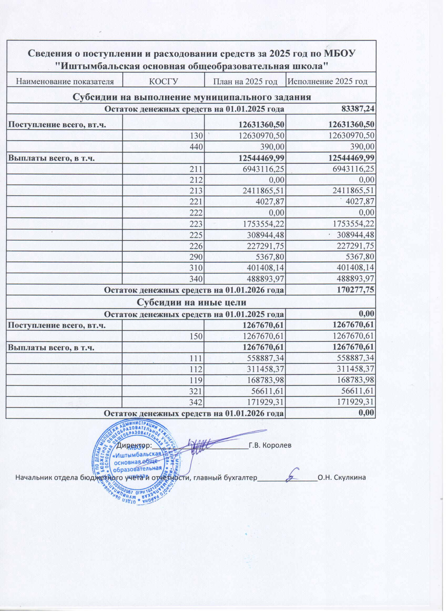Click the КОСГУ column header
click(164, 81)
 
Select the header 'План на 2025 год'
click(245, 81)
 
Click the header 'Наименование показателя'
click(65, 81)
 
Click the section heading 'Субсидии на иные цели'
click(191, 302)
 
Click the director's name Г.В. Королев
click(270, 445)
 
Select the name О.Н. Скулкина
click(342, 477)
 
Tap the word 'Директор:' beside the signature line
click(134, 445)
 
